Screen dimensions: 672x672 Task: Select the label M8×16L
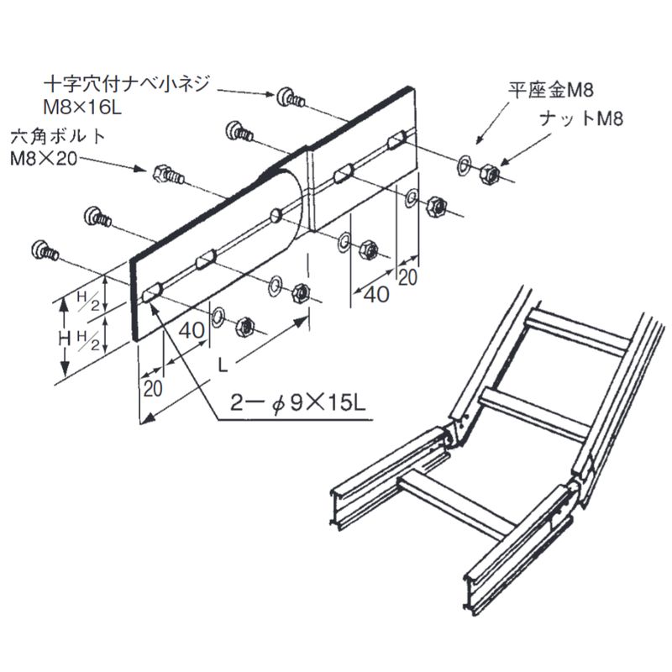(85, 106)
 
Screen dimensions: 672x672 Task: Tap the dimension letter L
(221, 365)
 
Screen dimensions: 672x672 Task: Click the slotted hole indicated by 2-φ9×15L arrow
(152, 295)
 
